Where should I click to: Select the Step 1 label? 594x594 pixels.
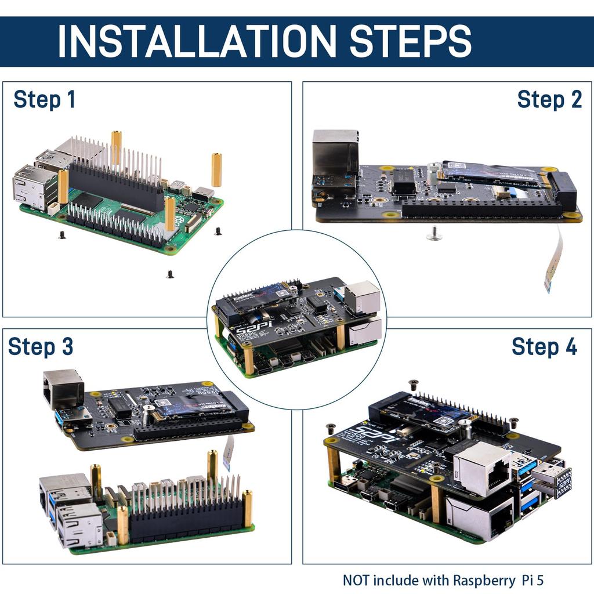tap(45, 100)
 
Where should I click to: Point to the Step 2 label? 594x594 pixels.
tap(549, 100)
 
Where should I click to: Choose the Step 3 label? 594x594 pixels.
tap(41, 347)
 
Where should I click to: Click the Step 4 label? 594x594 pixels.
tap(544, 347)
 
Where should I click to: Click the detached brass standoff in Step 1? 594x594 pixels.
tap(216, 169)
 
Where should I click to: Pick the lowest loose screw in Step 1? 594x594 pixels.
tap(170, 274)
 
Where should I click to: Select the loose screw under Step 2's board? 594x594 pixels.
tap(433, 233)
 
